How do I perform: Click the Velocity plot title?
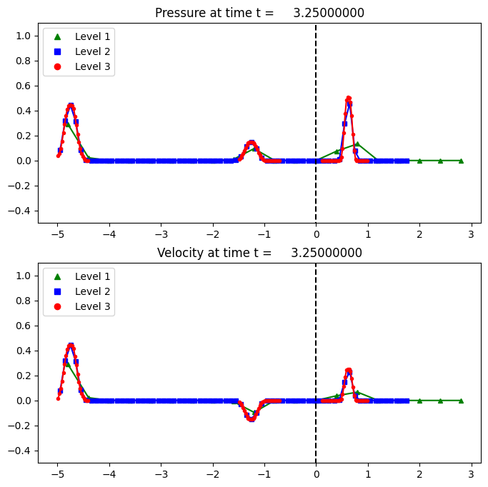259,253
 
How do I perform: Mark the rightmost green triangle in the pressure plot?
461,161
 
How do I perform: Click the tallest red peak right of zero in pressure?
349,99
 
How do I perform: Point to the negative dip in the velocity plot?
252,419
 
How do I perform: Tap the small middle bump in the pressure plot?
252,143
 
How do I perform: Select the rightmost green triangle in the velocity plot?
461,401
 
